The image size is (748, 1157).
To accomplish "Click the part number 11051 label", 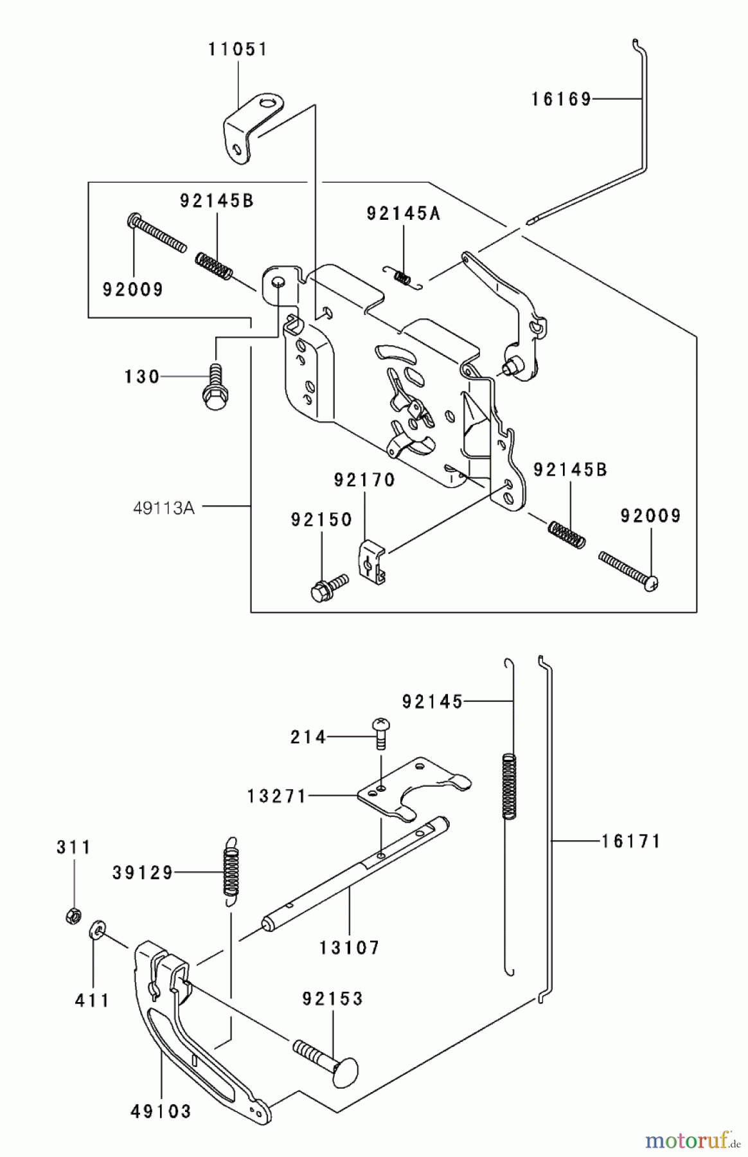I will pos(237,49).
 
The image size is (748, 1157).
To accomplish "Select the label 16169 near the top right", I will pos(561,99).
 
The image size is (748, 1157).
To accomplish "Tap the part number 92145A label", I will pos(404,214).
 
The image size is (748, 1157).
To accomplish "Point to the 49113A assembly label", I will pos(164,508).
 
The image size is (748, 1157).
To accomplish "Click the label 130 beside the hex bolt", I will pos(142,376).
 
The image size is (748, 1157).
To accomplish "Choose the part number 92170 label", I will pos(364,480).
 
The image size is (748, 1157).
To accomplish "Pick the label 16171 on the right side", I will pos(631,841).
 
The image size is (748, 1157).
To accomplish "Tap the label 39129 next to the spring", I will pos(143,873).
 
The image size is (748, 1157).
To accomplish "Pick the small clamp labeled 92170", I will pos(370,559).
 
